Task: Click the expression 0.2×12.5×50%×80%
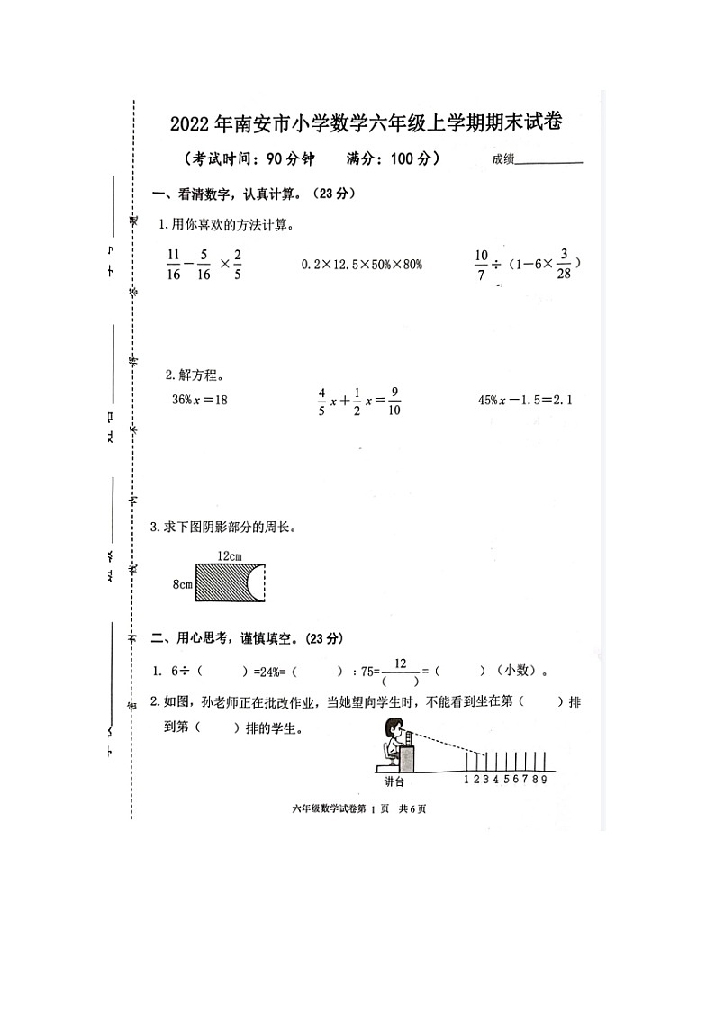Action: click(361, 264)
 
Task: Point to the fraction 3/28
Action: click(565, 263)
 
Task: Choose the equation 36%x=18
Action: click(200, 399)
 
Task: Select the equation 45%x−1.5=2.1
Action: click(526, 399)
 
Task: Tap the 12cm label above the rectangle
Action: click(230, 556)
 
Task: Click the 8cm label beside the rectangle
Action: click(182, 584)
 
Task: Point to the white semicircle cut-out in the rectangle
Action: click(258, 582)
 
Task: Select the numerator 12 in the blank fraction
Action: click(401, 663)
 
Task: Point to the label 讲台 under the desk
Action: click(394, 781)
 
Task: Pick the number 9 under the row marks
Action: click(545, 780)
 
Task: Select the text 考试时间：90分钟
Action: click(249, 159)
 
